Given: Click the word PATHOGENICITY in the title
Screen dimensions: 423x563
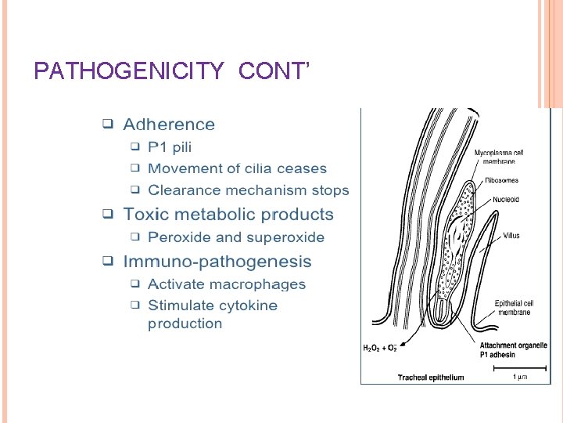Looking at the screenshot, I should (x=130, y=72).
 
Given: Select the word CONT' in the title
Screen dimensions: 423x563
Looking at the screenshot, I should (x=274, y=72).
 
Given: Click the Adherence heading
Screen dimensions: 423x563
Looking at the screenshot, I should (x=168, y=125).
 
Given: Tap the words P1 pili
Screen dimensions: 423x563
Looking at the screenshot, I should (x=170, y=147).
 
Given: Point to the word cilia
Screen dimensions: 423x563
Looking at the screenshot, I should (x=244, y=168).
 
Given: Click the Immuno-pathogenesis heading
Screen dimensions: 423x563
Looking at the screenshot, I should (x=217, y=262).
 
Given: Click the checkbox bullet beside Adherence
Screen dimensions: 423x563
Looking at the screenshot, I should (x=108, y=125).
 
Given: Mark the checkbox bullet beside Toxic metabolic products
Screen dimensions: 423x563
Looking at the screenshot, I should (x=108, y=215).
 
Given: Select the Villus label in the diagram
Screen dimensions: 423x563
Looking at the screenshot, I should (x=511, y=235).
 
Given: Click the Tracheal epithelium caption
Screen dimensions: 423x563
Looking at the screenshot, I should (x=430, y=378).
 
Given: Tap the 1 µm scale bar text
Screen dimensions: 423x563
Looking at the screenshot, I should (x=520, y=378).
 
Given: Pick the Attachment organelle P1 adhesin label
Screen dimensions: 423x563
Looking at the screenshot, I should (x=513, y=349).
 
